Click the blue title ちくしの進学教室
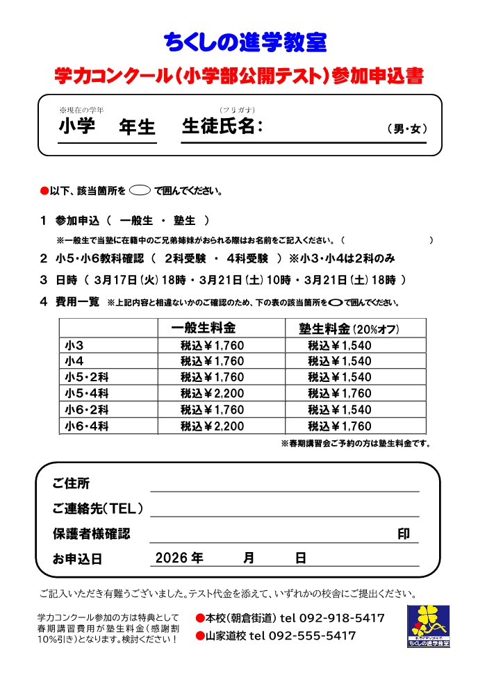tap(245, 43)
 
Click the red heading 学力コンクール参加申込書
tap(239, 76)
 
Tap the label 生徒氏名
tap(222, 126)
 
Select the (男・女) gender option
tap(407, 128)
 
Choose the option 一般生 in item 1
tap(136, 221)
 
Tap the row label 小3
tap(74, 345)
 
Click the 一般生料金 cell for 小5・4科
tap(212, 393)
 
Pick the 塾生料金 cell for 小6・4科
tap(340, 426)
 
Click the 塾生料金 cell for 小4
tap(340, 361)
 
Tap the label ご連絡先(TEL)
tap(99, 509)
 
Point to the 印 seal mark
tap(403, 533)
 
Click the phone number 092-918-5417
tap(341, 618)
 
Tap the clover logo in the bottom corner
tap(428, 626)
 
